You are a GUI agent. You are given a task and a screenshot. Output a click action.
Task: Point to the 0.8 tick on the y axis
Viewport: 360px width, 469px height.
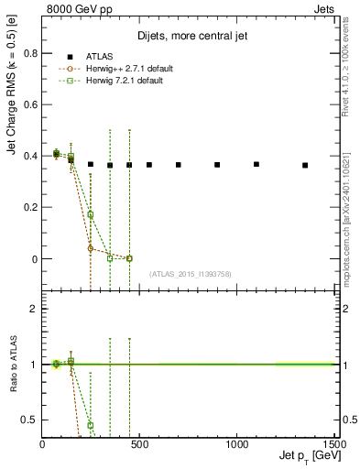pos(29,53)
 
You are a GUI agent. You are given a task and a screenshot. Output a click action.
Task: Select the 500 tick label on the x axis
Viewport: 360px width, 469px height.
pos(139,444)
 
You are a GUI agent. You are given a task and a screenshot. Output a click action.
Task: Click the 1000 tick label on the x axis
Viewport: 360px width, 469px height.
pos(236,444)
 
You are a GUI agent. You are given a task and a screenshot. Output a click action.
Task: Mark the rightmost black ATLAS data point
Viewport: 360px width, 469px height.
pos(305,165)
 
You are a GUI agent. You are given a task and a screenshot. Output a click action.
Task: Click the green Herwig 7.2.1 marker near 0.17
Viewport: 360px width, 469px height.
pos(90,215)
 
